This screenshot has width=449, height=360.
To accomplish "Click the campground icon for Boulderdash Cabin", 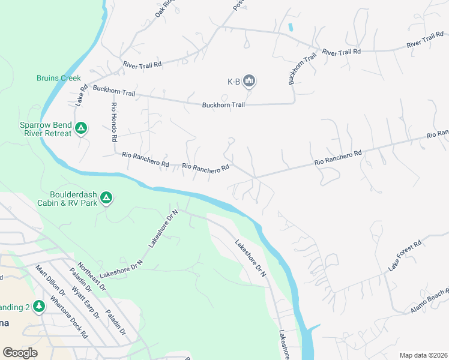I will (106, 197).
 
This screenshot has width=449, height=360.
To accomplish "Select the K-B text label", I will (233, 82).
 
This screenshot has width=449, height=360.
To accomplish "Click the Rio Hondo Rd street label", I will (113, 121).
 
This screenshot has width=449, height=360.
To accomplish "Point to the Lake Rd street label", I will (81, 95).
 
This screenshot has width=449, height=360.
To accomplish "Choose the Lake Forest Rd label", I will (405, 255).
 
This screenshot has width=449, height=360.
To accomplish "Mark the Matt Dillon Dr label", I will (49, 281).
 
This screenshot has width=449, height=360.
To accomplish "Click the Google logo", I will (20, 353).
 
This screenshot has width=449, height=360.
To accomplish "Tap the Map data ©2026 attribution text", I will (423, 355).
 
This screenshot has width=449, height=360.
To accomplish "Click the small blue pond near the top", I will (291, 27).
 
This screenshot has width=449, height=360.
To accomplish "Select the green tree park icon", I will (39, 307).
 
